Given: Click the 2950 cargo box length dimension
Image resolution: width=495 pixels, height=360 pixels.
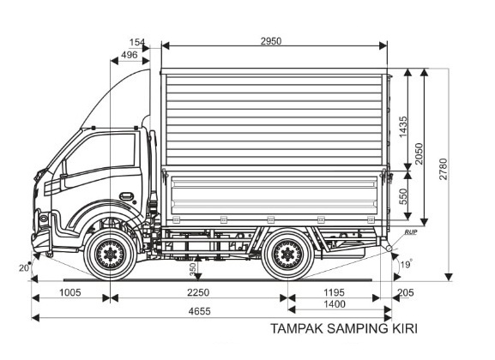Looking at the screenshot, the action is click(271, 41).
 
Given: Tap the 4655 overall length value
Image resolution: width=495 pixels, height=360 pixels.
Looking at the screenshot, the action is click(199, 311).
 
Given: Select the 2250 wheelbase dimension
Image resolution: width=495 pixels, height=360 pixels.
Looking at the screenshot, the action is click(198, 292).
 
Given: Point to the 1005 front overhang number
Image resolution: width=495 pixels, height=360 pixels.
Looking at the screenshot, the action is click(70, 292).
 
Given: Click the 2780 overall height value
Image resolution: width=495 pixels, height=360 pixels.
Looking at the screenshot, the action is click(444, 169).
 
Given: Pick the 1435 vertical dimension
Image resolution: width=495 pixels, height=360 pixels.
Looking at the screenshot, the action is click(403, 127).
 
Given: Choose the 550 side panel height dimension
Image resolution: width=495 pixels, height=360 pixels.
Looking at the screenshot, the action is click(403, 196).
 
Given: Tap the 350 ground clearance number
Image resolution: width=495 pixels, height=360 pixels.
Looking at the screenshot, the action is click(193, 269).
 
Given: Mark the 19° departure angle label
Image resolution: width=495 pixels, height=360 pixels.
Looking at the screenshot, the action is click(407, 264).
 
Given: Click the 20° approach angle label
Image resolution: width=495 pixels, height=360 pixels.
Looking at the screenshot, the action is click(25, 268).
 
